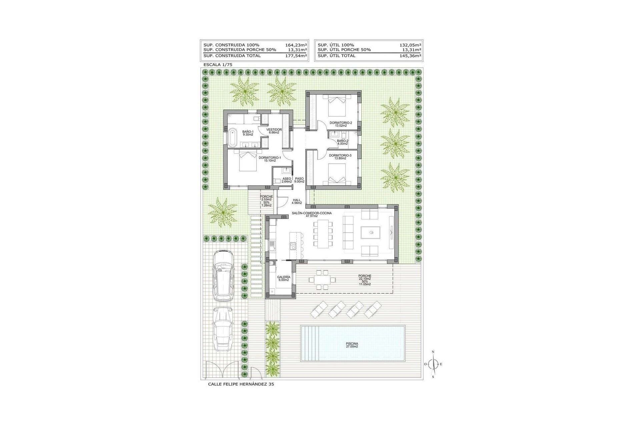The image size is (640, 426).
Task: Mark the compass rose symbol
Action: coord(433,364)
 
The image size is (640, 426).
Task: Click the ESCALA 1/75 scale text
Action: coord(217,65)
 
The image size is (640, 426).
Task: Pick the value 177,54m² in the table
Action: coord(296,56)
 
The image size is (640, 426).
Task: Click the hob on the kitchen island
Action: coord(294,246)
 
